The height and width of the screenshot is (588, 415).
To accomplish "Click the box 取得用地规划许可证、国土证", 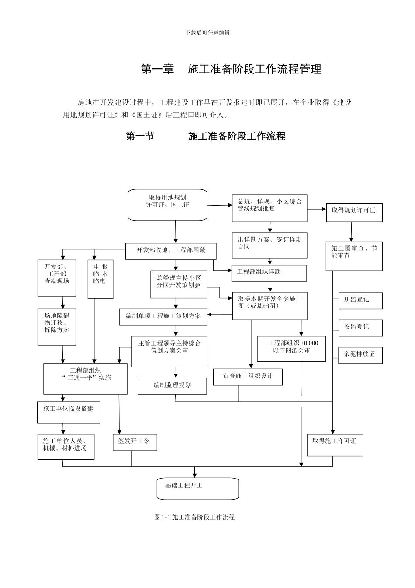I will tap(167, 205).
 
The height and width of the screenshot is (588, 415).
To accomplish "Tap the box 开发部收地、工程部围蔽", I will tap(171, 251).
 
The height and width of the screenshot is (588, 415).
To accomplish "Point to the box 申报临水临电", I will tap(100, 279).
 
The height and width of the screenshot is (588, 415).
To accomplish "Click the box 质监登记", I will tap(360, 301).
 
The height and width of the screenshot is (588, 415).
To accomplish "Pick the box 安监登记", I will tap(360, 328).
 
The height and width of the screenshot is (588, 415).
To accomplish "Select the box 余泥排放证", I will tap(360, 355).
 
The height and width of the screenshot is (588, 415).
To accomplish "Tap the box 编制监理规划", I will tap(172, 385).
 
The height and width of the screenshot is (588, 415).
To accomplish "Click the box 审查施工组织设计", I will tap(248, 377).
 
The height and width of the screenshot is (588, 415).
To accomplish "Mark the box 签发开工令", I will tap(135, 442).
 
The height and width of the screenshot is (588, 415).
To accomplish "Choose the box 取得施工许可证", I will tap(335, 445).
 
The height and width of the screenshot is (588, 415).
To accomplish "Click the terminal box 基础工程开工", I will tap(197, 488).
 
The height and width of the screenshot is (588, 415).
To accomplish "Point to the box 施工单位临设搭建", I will tap(69, 412).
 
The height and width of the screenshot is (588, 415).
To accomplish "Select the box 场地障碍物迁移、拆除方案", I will tap(57, 326).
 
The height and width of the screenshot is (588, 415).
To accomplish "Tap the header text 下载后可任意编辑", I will tap(207, 33).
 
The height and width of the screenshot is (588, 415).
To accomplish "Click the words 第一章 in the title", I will tap(158, 70).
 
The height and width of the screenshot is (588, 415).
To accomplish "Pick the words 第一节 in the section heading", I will tap(140, 136).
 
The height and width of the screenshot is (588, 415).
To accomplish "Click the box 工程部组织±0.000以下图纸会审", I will tap(291, 349).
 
